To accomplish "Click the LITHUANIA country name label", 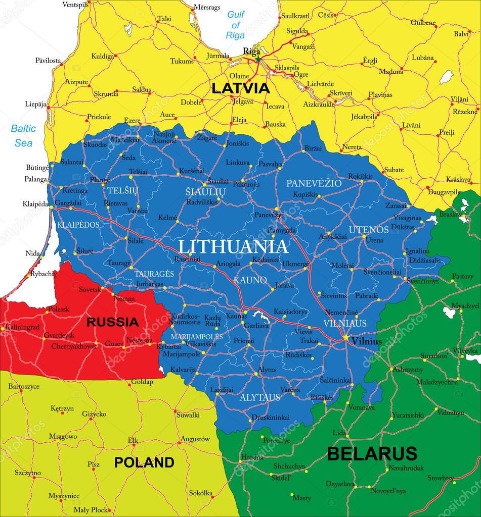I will tap(233, 246).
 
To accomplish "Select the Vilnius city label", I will tap(367, 341).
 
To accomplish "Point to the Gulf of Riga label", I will tap(235, 25).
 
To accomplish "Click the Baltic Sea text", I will tap(23, 135).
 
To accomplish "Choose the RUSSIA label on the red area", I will tap(112, 322).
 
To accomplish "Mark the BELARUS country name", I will tap(372, 453).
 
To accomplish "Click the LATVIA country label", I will tap(240, 88).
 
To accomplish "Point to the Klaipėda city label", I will tap(35, 204).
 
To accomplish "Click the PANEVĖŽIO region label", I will tap(314, 183).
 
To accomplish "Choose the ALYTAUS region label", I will tap(260, 397).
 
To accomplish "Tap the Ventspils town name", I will tap(75, 5).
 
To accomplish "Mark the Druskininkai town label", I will tap(271, 418).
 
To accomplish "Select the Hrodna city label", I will tap(252, 457).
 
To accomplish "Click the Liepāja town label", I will tap(35, 104).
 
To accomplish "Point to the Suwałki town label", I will tap(188, 415).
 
